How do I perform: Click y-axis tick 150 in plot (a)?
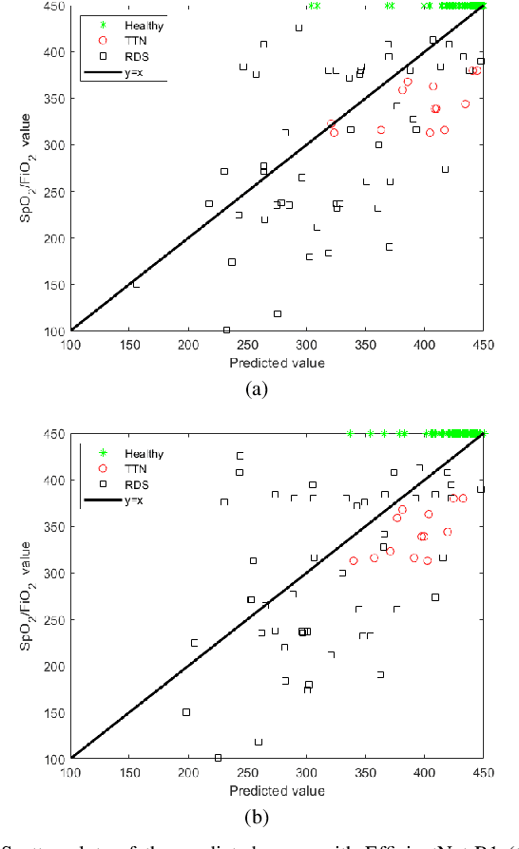click(56, 284)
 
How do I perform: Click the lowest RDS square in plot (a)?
click(226, 330)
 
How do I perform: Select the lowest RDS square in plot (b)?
click(218, 758)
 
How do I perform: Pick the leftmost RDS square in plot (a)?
click(135, 284)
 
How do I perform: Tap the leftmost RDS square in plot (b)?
click(186, 712)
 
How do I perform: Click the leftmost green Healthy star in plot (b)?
click(350, 434)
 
